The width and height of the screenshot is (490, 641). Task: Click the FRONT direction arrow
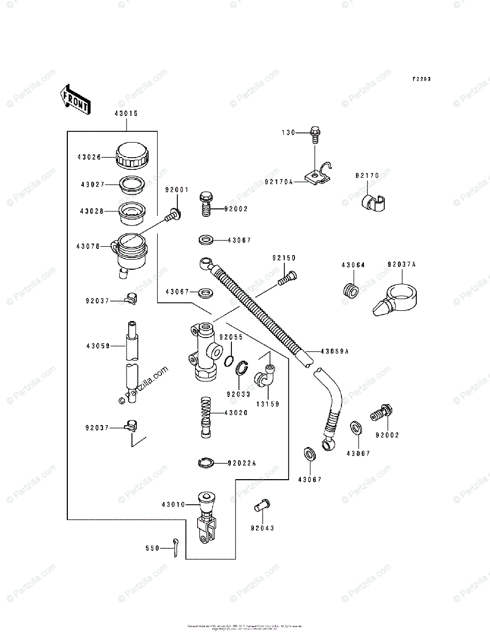pyautogui.click(x=74, y=99)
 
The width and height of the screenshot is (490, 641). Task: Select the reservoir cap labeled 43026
pyautogui.click(x=131, y=154)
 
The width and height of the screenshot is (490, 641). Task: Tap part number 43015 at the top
pyautogui.click(x=126, y=113)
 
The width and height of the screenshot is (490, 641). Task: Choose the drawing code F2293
pyautogui.click(x=421, y=79)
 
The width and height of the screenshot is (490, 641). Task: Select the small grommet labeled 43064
pyautogui.click(x=350, y=290)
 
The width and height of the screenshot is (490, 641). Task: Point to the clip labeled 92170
pyautogui.click(x=373, y=202)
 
